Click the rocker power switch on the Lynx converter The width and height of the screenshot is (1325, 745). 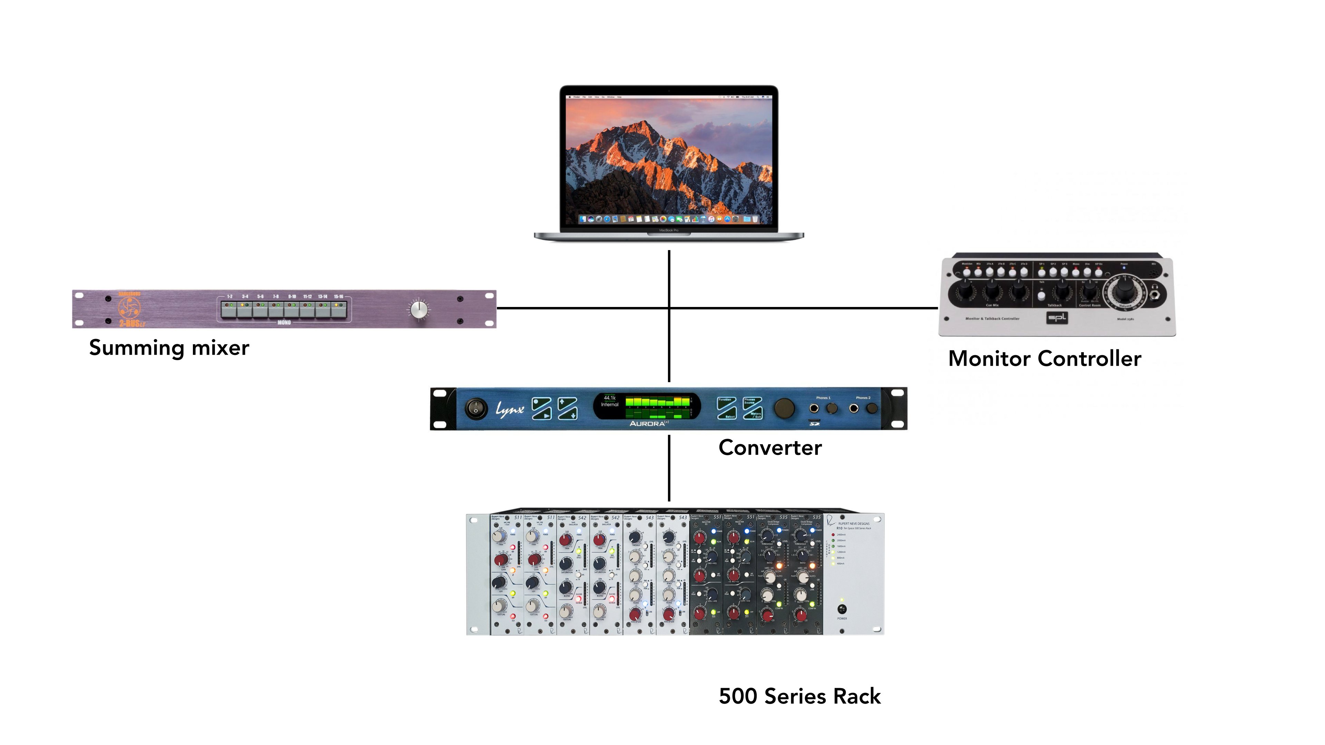pos(476,409)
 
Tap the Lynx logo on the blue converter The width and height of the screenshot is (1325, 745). pos(509,409)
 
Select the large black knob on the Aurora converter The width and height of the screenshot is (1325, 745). pos(784,408)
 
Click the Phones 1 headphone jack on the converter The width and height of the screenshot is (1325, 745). pos(814,409)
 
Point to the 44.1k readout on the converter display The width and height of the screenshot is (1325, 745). pos(609,398)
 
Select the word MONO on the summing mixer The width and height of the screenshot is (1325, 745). pos(284,323)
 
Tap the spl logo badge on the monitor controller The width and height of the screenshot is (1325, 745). pos(1057,318)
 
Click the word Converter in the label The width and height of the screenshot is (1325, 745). pos(770,448)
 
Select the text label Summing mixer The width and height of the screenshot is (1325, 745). pos(169,348)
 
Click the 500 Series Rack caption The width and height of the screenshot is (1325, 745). pos(799,696)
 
